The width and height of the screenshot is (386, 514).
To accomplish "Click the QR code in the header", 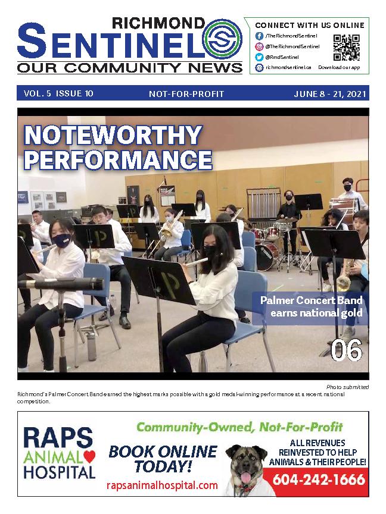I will coord(345,47).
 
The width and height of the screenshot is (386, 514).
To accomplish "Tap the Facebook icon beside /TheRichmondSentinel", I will coord(260,36).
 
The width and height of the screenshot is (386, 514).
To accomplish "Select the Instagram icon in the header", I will coord(260,46).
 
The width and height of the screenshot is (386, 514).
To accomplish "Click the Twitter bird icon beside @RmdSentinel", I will coord(260,57).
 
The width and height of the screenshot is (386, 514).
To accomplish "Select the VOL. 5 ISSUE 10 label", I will coord(58,93).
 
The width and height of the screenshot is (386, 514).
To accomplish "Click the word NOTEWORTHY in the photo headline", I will coord(113,136).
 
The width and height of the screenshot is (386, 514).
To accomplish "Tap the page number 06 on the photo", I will coord(346,351).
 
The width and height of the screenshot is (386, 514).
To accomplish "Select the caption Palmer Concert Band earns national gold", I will coord(311,306).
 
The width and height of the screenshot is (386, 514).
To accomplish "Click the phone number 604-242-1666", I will coord(319,479).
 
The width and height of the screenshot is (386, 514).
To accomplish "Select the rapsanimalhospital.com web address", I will coord(162,485).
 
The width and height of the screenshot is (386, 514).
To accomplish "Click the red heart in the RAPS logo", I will coord(89,457).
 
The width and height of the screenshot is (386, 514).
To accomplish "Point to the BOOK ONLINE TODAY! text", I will coord(163,457).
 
